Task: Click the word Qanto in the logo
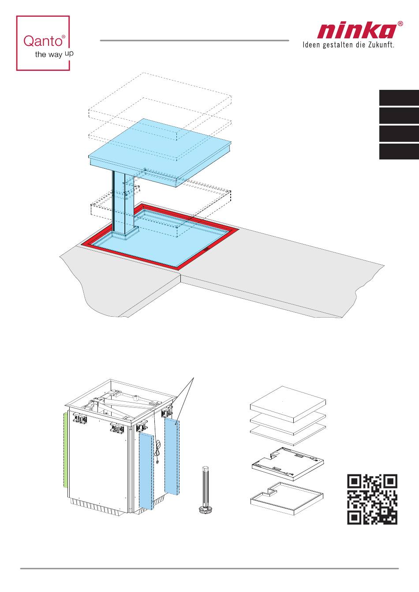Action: point(43,41)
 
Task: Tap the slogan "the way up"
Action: point(54,54)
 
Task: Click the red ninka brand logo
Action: point(357,31)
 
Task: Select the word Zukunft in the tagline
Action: point(381,44)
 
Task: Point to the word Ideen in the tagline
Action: point(311,44)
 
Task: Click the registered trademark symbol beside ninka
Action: point(400,24)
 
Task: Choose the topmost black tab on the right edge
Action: point(399,98)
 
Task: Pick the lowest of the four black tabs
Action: point(399,152)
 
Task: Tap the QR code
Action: point(372,499)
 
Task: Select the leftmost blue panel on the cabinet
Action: point(146,471)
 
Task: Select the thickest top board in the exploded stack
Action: point(288,404)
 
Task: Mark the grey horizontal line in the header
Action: point(195,41)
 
